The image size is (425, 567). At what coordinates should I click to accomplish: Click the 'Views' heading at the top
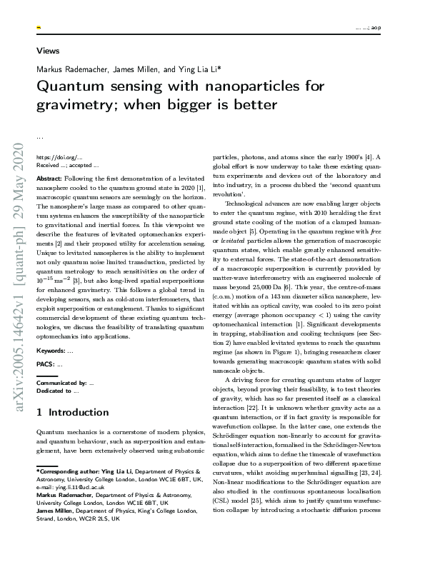coord(48,51)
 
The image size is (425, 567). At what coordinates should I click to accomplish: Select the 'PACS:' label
coord(46,364)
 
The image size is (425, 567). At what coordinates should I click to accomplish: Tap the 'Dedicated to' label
coord(54,391)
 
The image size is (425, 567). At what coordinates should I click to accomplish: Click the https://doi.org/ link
coord(54,156)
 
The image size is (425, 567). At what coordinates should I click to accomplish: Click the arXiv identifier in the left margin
coord(18,286)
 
